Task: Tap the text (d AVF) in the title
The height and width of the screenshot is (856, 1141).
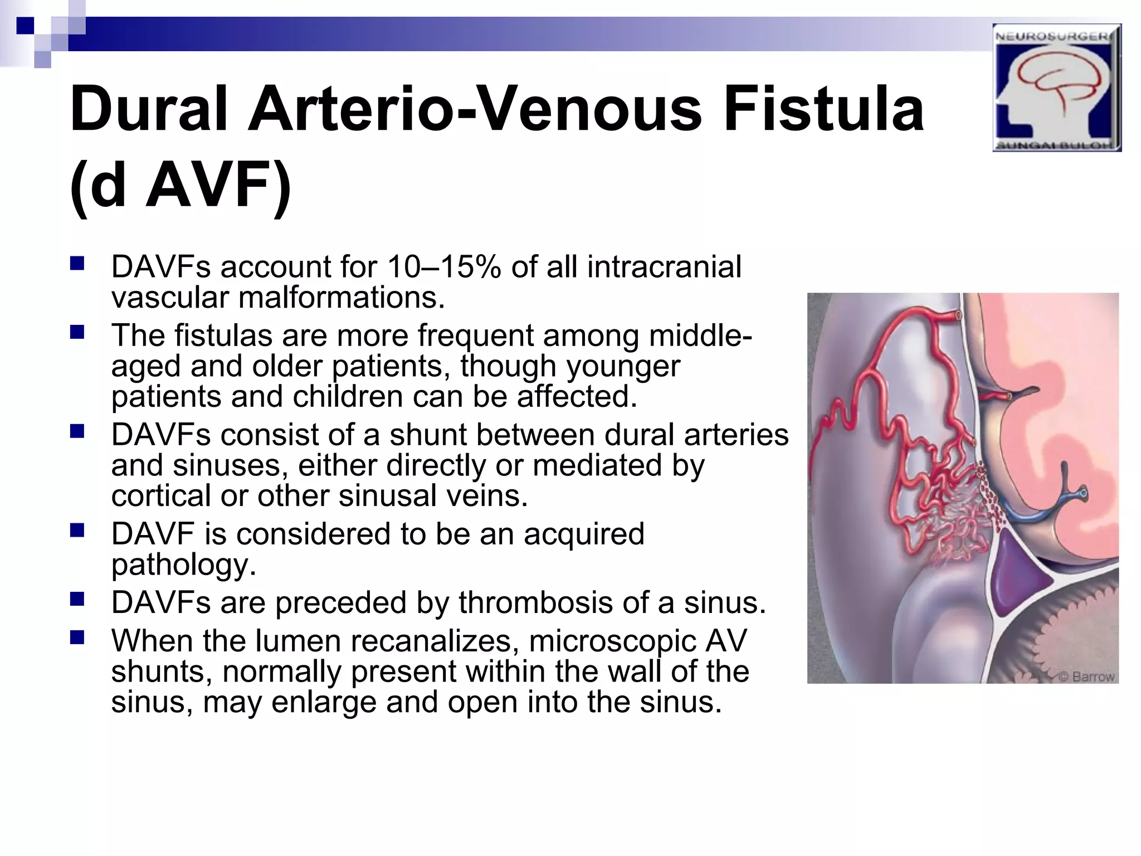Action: click(181, 185)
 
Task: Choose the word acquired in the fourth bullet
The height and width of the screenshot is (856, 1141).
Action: click(584, 534)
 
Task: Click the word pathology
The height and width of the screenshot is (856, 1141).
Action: click(184, 565)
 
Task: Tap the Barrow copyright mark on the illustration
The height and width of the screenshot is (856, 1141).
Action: click(1086, 677)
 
